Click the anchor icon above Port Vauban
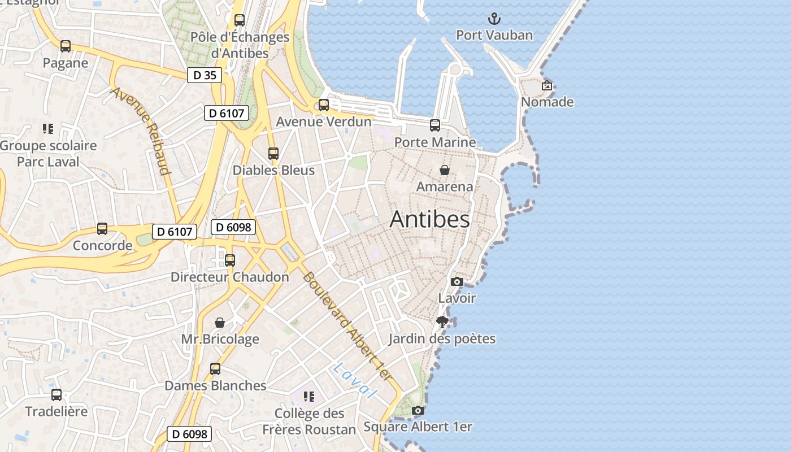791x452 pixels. (494, 19)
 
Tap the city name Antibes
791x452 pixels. (429, 220)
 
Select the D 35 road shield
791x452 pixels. (205, 75)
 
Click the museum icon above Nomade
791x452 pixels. (546, 86)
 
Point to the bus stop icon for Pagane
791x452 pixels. (66, 46)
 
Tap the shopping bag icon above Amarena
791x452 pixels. (445, 170)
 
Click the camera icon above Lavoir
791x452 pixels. (457, 281)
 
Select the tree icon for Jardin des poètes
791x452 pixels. (442, 322)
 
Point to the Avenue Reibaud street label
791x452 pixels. (141, 131)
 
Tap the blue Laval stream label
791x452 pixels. (355, 380)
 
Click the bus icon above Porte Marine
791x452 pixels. (435, 125)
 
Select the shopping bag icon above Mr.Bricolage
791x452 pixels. (220, 323)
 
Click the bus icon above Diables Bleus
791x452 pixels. (273, 154)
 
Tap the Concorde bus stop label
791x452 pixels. (102, 246)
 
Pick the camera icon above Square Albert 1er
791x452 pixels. (418, 411)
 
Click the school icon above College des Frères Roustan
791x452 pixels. (308, 397)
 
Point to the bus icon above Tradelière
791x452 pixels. (56, 395)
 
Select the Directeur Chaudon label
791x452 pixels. (230, 277)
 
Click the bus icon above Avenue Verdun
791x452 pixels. (324, 105)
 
